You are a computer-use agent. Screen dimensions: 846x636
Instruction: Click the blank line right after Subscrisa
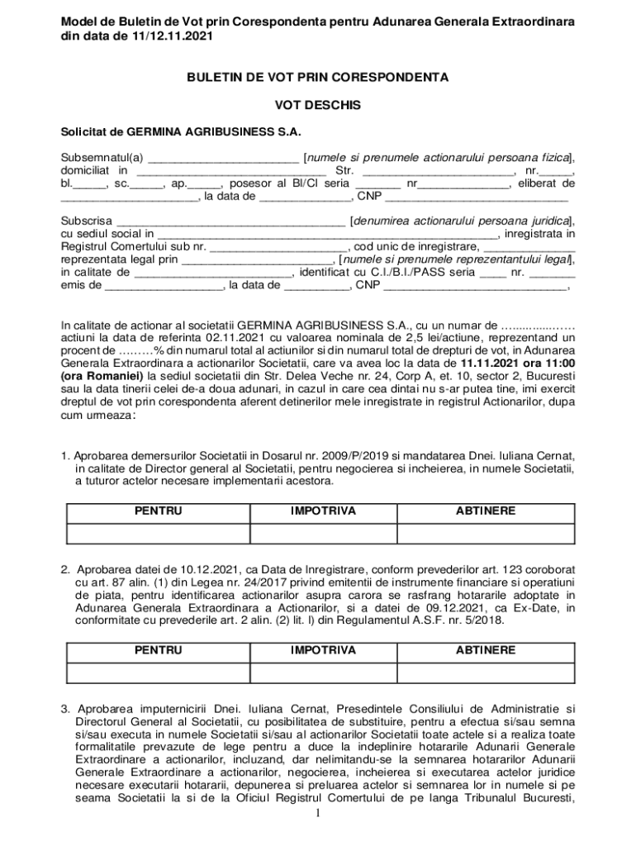click(x=230, y=221)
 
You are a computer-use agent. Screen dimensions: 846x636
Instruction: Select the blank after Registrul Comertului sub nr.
click(x=278, y=246)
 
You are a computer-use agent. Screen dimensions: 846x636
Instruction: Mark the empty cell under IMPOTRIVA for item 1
click(x=323, y=534)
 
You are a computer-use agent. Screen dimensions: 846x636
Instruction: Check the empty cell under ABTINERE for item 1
click(x=486, y=534)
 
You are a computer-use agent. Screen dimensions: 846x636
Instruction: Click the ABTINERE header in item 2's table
click(x=486, y=651)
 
